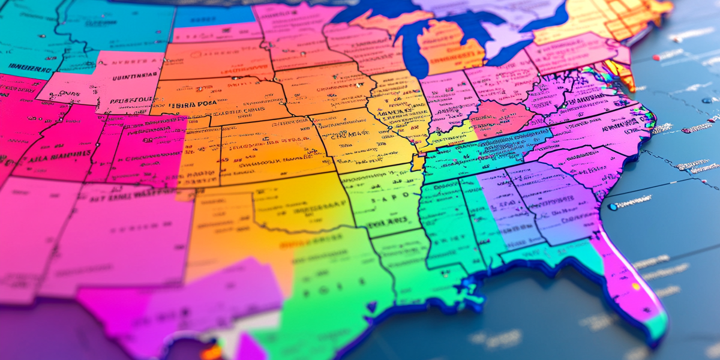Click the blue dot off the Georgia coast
pos(613,207)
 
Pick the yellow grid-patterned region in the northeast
pos(624,18)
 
